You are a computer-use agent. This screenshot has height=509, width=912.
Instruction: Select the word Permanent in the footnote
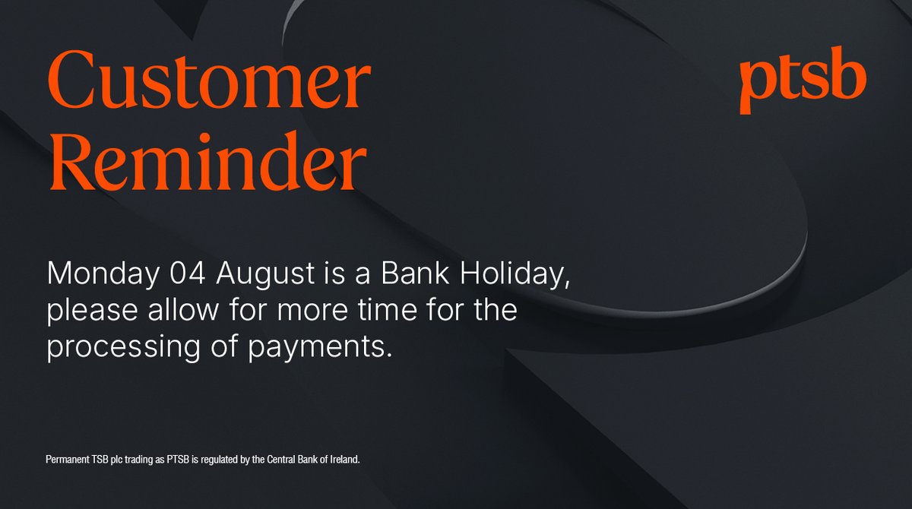coord(66,461)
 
